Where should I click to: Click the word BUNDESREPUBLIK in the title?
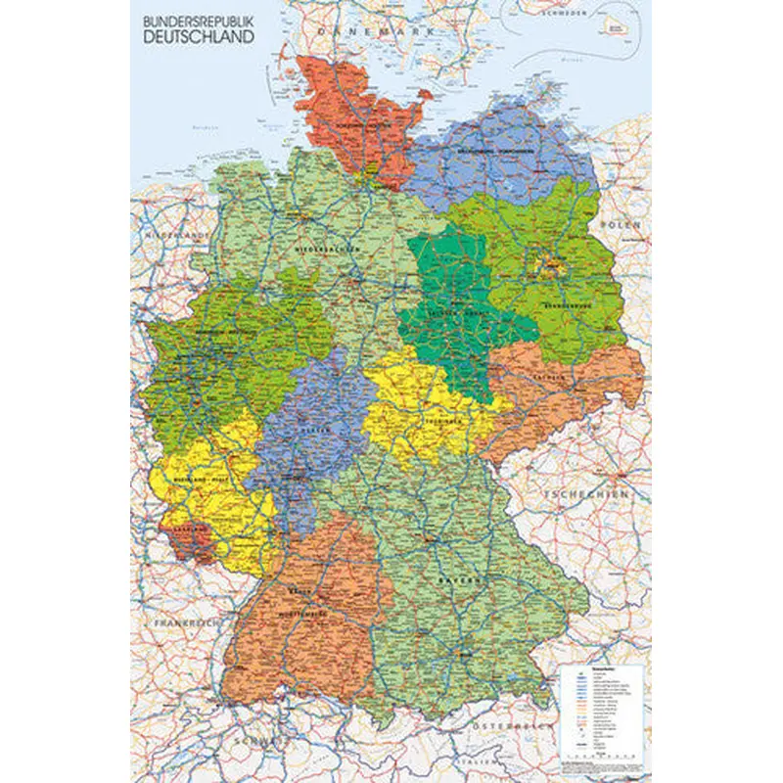(x=198, y=20)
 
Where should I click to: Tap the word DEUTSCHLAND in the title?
(x=198, y=36)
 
